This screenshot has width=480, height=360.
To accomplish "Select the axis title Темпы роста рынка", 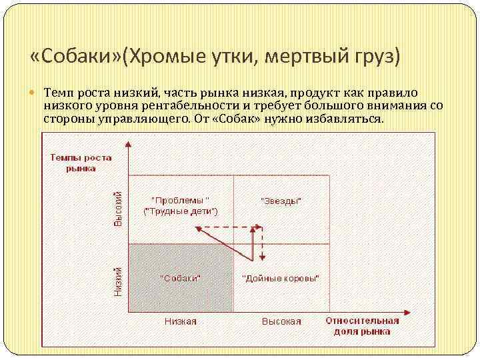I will click(81, 163).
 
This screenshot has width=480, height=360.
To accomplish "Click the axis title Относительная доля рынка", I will click(362, 325).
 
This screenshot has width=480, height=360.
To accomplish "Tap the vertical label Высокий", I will click(118, 207).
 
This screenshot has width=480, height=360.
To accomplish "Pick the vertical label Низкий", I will click(118, 281).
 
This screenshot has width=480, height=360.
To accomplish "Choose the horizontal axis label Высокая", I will click(281, 321).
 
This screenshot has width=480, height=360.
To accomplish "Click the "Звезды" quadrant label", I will click(280, 201).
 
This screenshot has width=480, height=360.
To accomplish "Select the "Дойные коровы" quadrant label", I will click(280, 277).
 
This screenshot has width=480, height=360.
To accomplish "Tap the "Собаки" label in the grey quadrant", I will click(180, 277).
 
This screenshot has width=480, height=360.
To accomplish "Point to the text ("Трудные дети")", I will click(181, 211).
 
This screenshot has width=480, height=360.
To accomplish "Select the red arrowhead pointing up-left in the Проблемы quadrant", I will click(199, 229).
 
